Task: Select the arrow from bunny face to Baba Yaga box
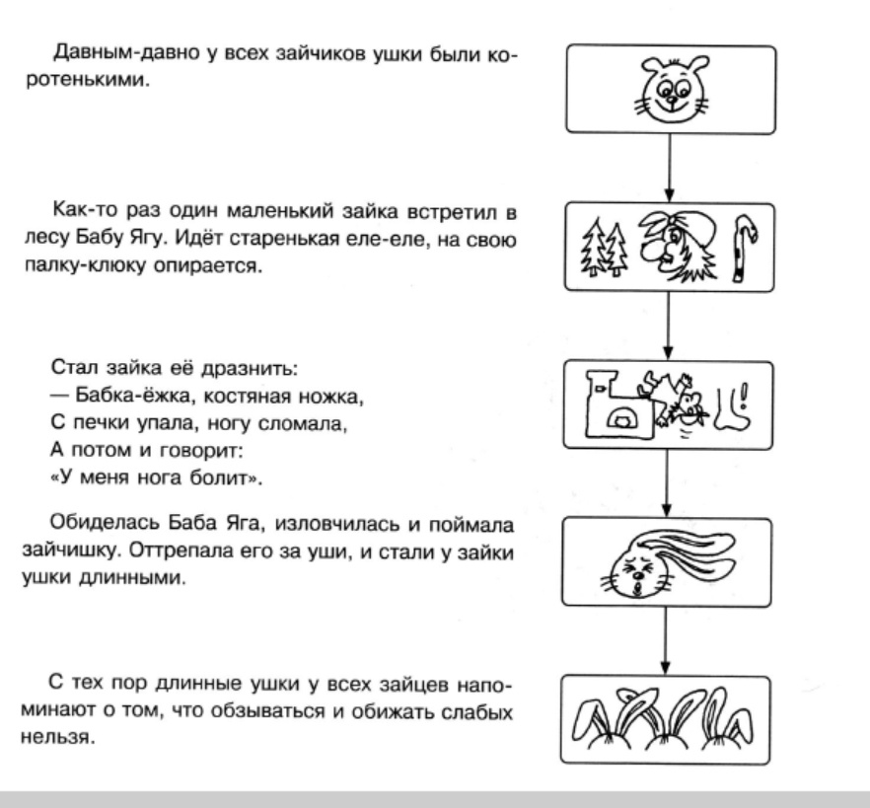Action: tap(669, 167)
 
